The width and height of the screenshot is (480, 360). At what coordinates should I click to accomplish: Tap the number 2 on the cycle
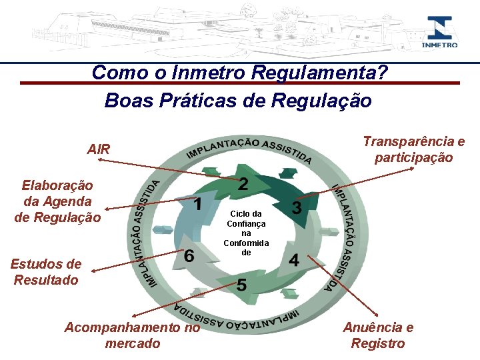[244, 183]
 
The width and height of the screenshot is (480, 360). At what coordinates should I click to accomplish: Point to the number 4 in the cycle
[294, 260]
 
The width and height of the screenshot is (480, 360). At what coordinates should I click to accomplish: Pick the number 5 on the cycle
[241, 285]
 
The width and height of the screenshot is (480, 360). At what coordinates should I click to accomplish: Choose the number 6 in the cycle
[189, 256]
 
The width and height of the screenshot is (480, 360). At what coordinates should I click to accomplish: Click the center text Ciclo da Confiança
[247, 233]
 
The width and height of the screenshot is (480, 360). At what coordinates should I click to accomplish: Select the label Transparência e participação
[413, 149]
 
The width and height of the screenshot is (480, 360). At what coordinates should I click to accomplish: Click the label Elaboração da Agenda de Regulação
[57, 201]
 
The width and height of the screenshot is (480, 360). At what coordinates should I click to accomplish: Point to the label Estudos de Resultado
[46, 272]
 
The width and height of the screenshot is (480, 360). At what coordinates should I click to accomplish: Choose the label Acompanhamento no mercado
[132, 335]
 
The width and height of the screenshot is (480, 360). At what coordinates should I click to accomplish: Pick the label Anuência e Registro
[378, 335]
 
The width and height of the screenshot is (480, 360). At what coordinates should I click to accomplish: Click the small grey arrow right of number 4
[328, 233]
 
